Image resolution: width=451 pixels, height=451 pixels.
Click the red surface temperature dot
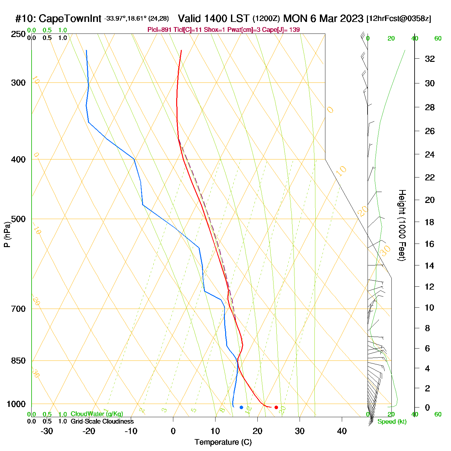pos(276,408)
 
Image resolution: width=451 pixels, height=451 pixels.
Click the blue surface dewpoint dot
pos(241,408)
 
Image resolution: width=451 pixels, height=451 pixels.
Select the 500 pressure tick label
pos(18,219)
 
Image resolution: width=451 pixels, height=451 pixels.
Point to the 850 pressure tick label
pos(18,361)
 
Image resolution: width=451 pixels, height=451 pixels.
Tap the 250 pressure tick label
pos(18,34)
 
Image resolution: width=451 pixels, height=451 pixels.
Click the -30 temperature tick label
pos(47,431)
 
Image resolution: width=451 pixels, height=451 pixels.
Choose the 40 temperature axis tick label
pos(342,431)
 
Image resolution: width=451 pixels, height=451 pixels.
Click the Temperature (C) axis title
pos(223,442)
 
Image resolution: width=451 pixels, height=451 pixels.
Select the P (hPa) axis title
pos(7,235)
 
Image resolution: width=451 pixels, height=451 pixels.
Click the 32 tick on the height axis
pos(430,59)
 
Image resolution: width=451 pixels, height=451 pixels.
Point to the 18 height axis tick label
pos(430,222)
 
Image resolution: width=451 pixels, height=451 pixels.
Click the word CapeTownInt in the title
pos(70,19)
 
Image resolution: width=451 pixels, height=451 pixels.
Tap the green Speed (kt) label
pos(392,422)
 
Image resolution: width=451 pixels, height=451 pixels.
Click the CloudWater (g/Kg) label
pos(97,414)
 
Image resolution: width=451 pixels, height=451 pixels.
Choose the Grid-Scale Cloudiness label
pos(102,421)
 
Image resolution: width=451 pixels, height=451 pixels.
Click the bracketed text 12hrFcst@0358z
pos(399,19)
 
